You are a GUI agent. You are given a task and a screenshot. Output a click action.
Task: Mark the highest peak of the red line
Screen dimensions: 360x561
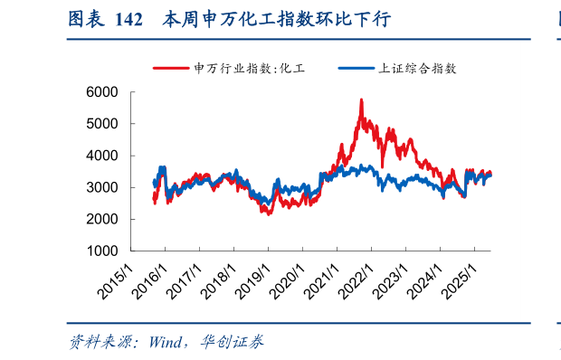361,99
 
